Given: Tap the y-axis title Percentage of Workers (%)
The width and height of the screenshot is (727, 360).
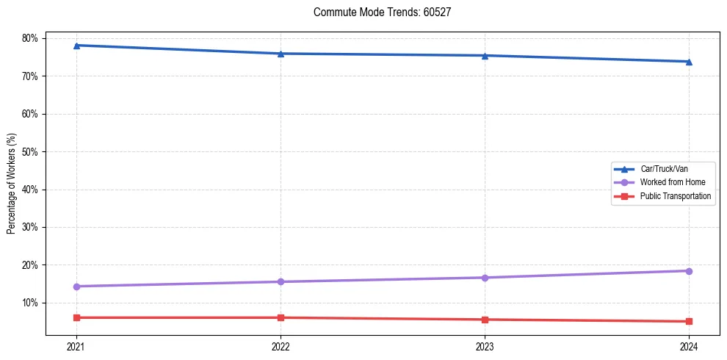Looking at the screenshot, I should pyautogui.click(x=11, y=184).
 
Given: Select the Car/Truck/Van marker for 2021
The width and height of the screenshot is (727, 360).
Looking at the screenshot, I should pyautogui.click(x=76, y=46).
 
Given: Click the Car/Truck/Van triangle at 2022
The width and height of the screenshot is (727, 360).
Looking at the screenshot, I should pyautogui.click(x=281, y=54).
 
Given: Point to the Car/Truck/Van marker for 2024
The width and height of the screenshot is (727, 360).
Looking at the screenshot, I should pyautogui.click(x=689, y=62).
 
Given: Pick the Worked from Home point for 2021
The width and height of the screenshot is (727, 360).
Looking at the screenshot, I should pyautogui.click(x=76, y=287).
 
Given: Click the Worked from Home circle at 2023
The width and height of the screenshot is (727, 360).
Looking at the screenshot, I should pyautogui.click(x=485, y=278).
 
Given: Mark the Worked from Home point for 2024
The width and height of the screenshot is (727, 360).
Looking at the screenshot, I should pyautogui.click(x=689, y=271).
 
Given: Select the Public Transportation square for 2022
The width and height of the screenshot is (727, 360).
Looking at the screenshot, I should pyautogui.click(x=281, y=317).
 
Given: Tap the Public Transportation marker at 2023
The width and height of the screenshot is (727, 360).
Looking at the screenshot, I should pyautogui.click(x=485, y=320).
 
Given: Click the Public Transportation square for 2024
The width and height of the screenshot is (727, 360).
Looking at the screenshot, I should pyautogui.click(x=689, y=321).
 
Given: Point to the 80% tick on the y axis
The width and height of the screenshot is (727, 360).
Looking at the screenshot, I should pyautogui.click(x=32, y=38).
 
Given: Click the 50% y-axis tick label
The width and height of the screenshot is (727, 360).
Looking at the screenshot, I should pyautogui.click(x=32, y=151).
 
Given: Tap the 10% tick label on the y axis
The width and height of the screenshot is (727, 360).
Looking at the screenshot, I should pyautogui.click(x=32, y=303).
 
